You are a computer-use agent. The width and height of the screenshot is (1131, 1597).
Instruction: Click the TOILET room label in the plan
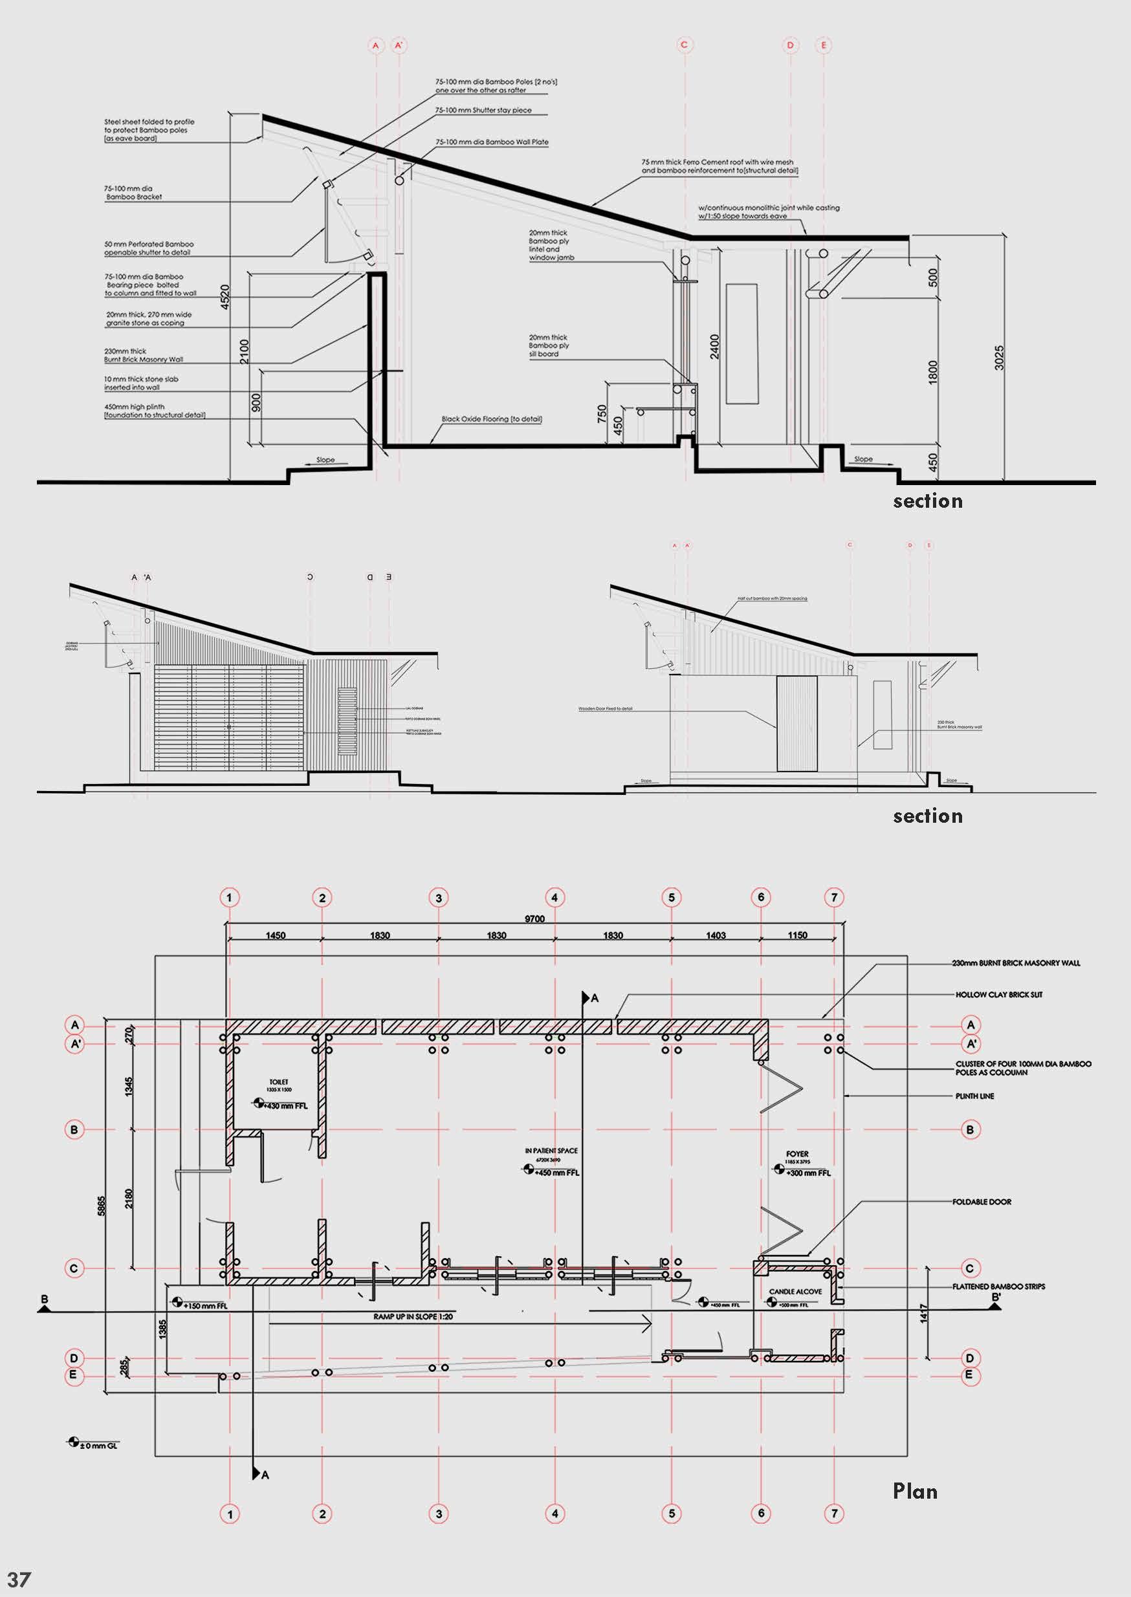click(x=279, y=1082)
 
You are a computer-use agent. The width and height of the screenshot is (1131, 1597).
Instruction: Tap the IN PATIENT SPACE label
click(x=551, y=1151)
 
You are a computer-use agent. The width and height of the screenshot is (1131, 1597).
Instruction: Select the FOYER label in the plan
click(x=796, y=1153)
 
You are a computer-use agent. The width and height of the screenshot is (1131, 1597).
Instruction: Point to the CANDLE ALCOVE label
click(x=795, y=1292)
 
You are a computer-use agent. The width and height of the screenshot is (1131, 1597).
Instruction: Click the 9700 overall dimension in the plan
click(x=534, y=919)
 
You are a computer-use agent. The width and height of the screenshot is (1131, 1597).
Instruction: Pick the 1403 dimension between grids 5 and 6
click(x=716, y=936)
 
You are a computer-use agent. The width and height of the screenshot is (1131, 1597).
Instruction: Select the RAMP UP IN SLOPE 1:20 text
click(x=413, y=1317)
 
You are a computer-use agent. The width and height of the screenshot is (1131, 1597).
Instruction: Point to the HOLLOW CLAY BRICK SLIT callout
click(x=998, y=995)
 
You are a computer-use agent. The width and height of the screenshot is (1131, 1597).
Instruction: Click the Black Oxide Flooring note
click(x=492, y=420)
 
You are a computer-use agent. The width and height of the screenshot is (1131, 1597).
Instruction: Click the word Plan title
click(x=914, y=1491)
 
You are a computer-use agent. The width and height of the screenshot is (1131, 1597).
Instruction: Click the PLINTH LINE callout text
click(x=974, y=1096)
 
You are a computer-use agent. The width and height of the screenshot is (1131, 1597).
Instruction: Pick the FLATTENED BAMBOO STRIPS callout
click(x=998, y=1287)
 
